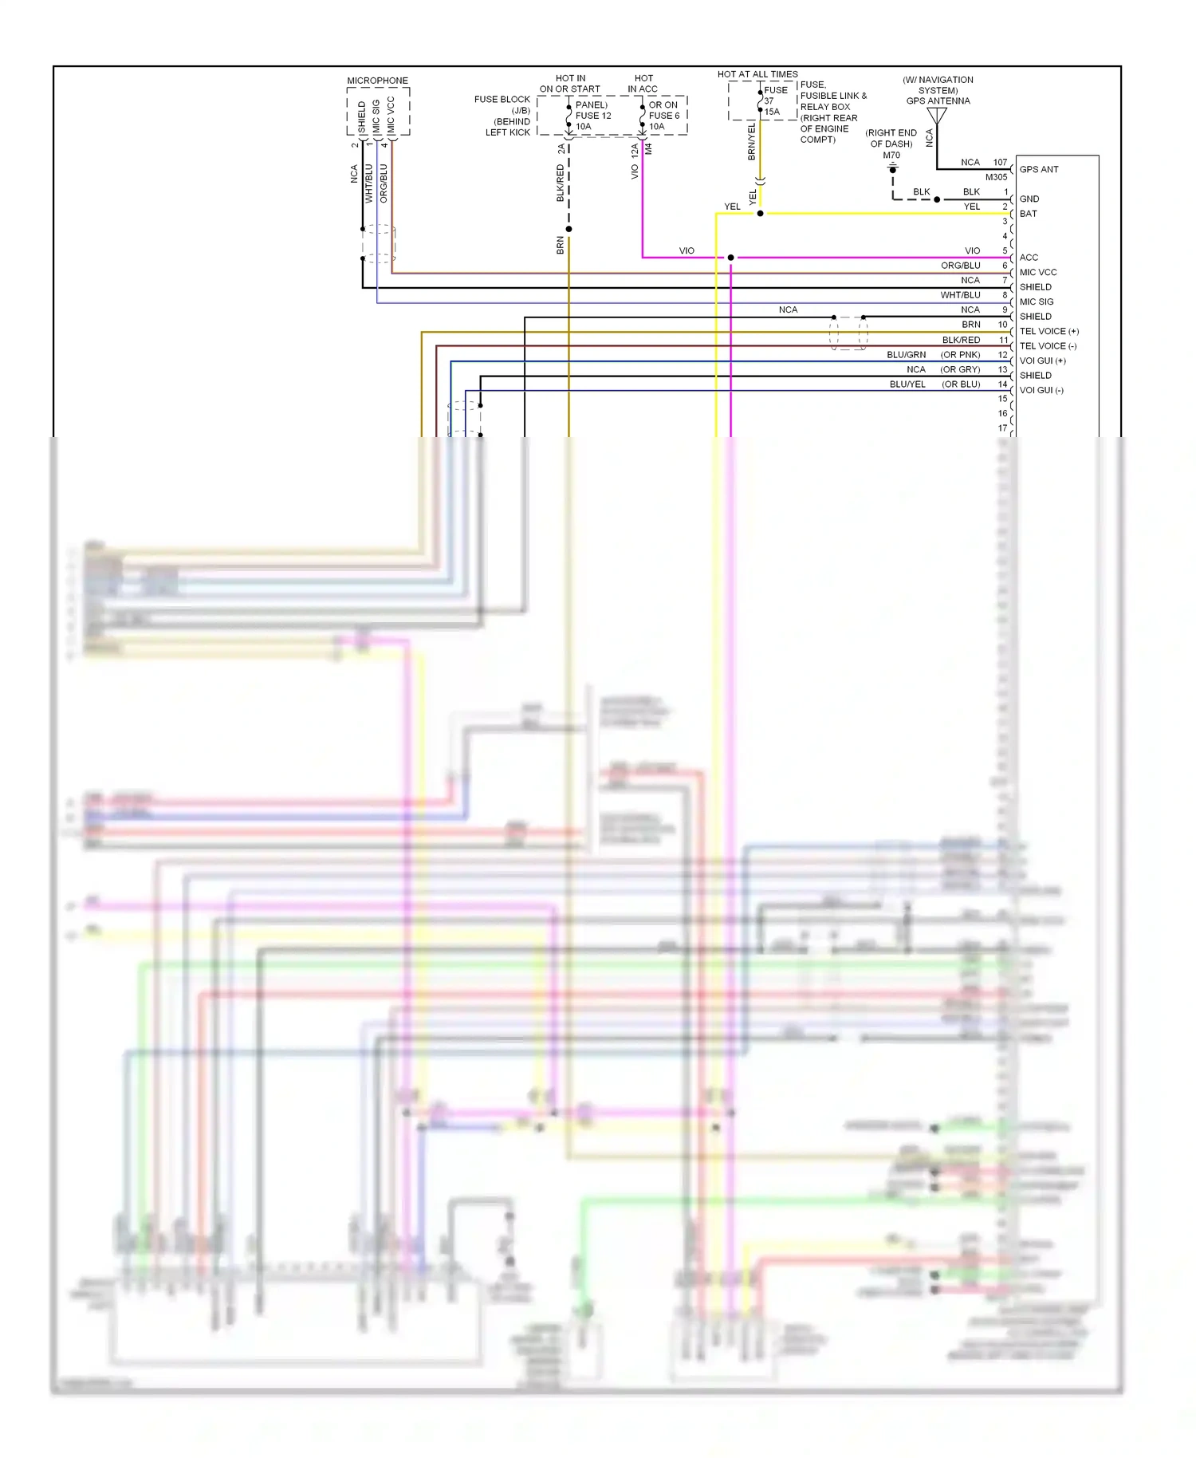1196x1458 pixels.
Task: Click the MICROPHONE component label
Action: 377,81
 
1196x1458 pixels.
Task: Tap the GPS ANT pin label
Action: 1039,169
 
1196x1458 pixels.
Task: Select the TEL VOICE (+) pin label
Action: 1048,331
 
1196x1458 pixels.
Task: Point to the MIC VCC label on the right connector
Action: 1037,272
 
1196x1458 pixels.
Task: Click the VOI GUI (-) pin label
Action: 1041,390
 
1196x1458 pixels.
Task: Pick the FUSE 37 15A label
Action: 773,100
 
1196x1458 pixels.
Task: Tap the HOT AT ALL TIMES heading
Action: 757,74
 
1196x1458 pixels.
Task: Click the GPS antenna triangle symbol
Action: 937,116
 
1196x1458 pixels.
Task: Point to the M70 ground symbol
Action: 893,170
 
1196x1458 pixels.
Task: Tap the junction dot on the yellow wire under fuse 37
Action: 760,214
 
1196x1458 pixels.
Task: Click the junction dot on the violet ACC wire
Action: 730,258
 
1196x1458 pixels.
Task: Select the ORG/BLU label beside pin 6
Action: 960,266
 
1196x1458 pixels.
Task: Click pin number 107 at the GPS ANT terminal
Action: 1000,162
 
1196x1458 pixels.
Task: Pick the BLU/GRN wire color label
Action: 906,355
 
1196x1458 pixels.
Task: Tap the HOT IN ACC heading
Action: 643,84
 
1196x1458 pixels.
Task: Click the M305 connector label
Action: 996,177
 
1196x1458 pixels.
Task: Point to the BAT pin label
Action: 1028,214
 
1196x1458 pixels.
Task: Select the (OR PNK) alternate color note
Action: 960,355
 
